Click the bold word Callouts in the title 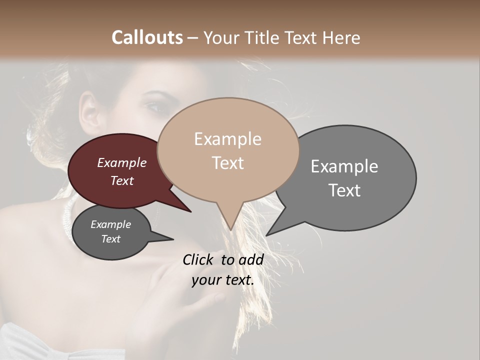pyautogui.click(x=147, y=37)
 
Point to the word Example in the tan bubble pyautogui.click(x=227, y=139)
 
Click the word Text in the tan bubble pyautogui.click(x=227, y=163)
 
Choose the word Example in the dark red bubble pyautogui.click(x=122, y=162)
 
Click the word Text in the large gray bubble pyautogui.click(x=344, y=190)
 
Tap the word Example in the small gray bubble pyautogui.click(x=110, y=224)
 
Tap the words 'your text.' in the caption pyautogui.click(x=223, y=280)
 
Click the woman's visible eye pyautogui.click(x=152, y=106)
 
